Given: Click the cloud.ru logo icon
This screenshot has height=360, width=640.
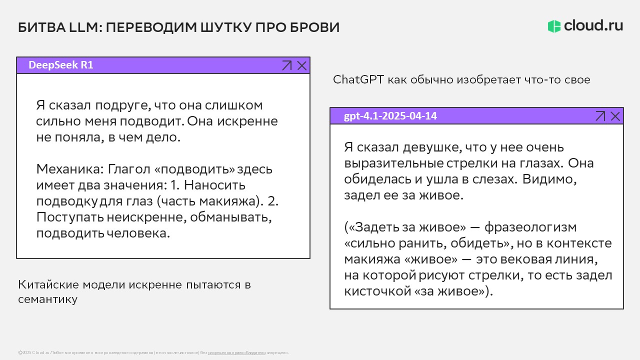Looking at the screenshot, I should coord(554,26).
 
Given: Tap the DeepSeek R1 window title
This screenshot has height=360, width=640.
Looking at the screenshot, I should coord(60,65).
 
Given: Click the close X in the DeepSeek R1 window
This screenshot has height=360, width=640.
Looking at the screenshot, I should coord(302,65).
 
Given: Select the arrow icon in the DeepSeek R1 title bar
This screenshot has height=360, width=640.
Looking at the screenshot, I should coord(286,65).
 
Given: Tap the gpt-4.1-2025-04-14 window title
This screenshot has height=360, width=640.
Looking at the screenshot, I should coord(390,116).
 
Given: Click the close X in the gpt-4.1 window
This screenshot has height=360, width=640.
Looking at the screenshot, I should coord(615,116).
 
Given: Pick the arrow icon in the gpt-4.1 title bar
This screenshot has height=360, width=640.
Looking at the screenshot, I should coord(600,116).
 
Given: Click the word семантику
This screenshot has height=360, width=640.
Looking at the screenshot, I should coord(47,299).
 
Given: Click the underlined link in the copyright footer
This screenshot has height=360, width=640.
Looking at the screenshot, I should coord(236,353).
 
